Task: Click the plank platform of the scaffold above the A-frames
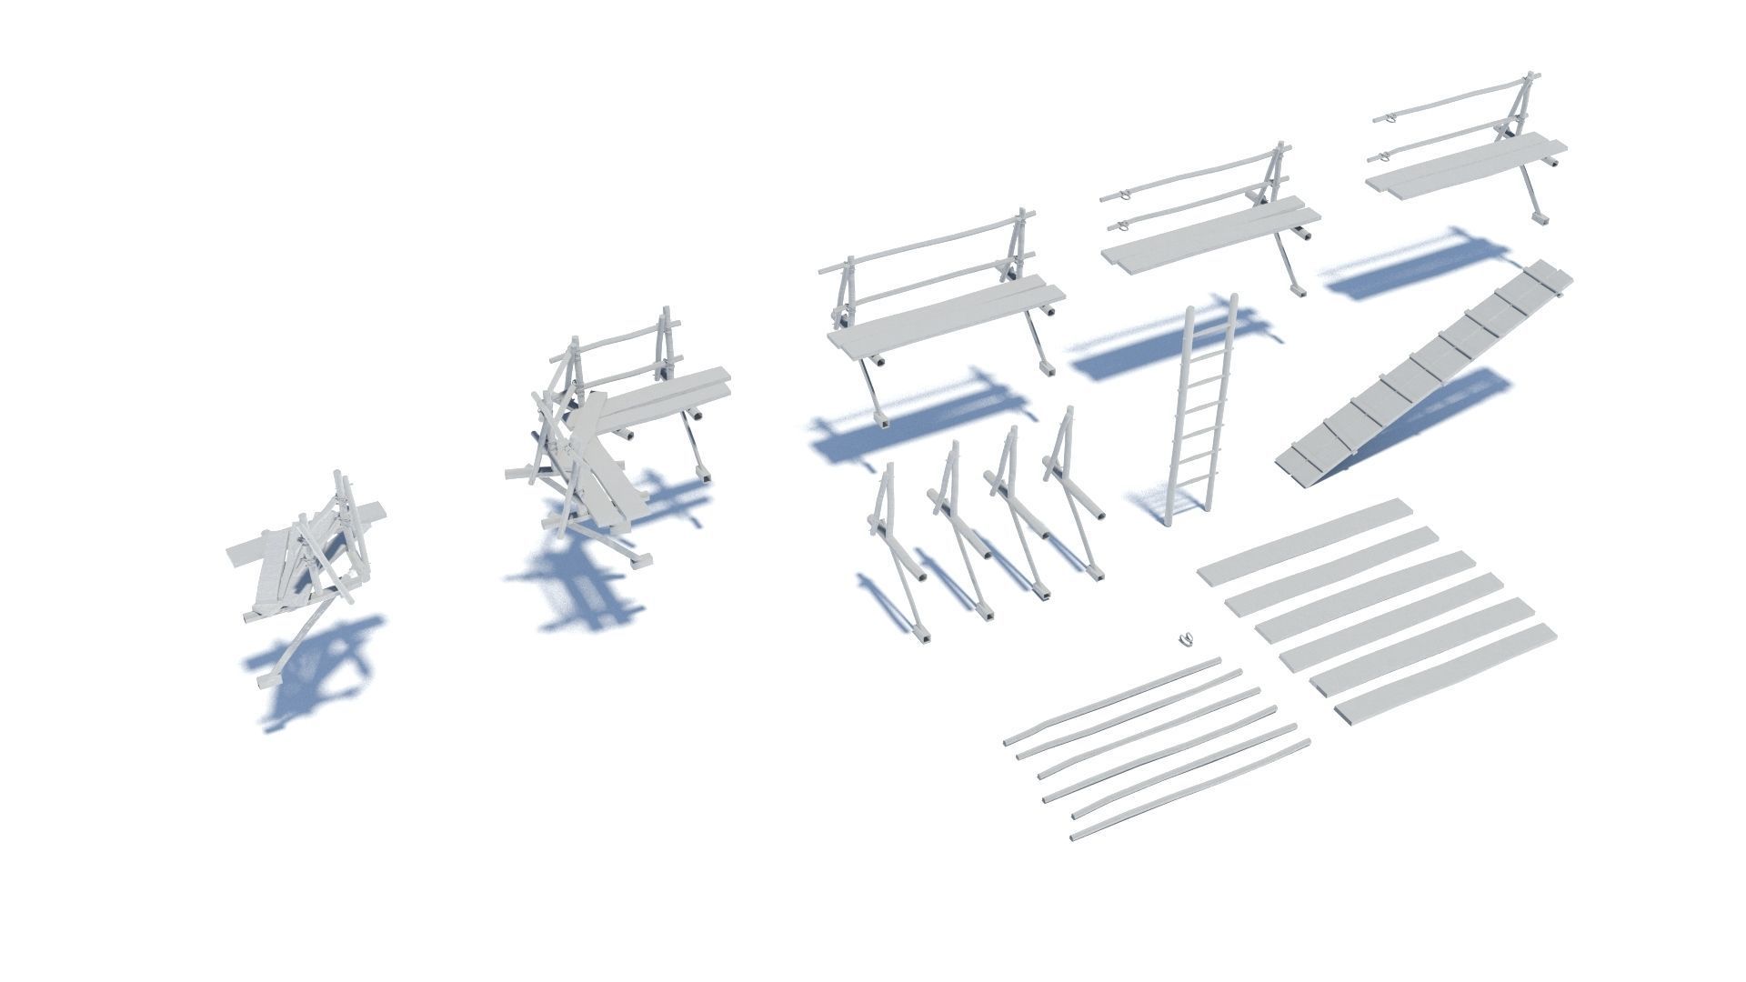(x=946, y=320)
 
